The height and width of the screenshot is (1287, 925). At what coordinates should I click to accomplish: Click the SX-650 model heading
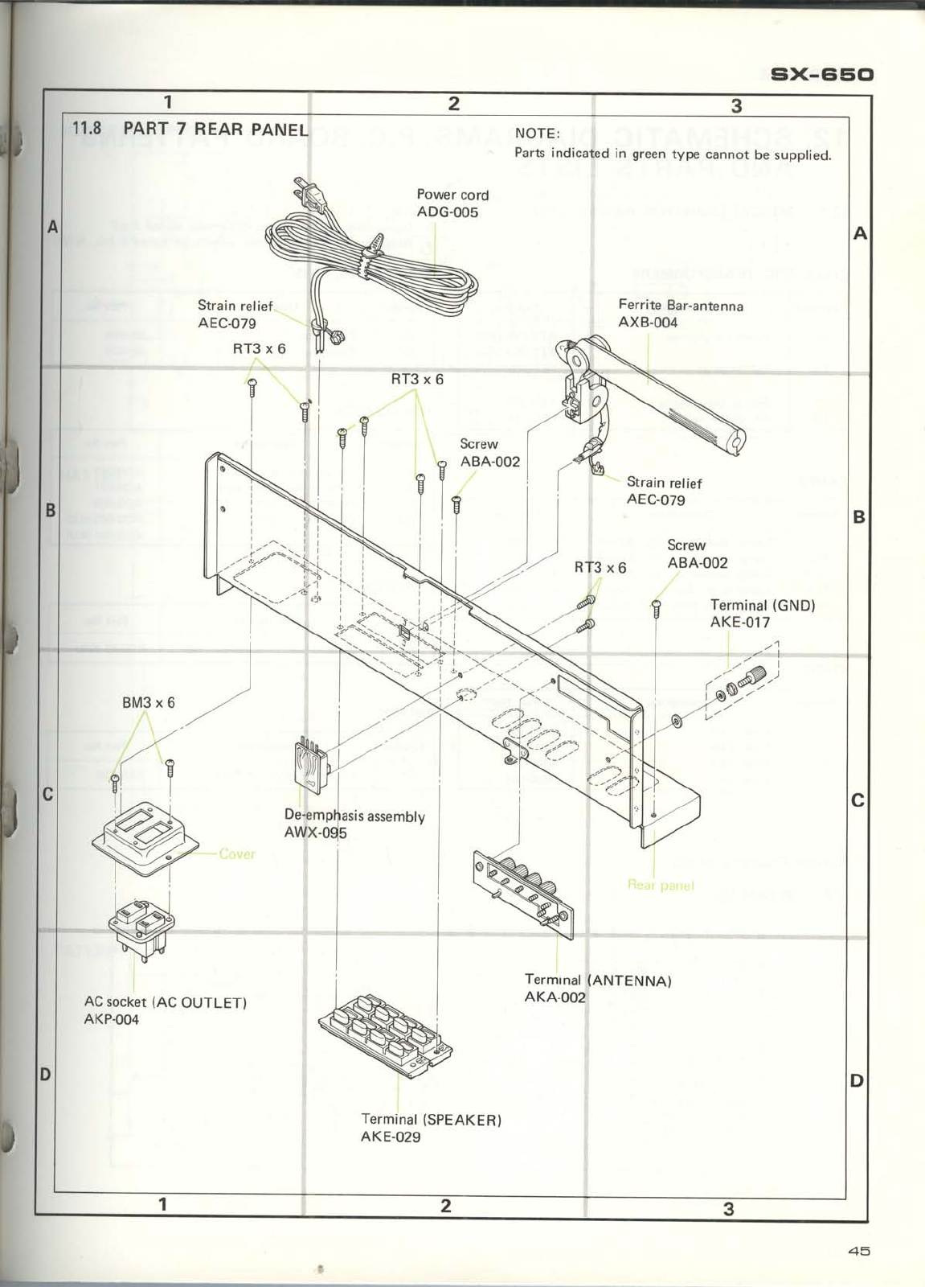tap(821, 75)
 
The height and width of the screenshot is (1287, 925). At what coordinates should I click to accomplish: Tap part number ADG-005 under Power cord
tap(447, 212)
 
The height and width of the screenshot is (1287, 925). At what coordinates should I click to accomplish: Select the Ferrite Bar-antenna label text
tap(680, 306)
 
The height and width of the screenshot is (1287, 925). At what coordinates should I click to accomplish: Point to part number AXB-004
tap(648, 323)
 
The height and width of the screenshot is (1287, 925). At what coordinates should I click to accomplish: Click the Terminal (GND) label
tap(762, 606)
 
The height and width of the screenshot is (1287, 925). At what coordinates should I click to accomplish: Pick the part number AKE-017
tap(739, 623)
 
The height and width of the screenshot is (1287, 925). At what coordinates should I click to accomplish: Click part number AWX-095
tap(315, 833)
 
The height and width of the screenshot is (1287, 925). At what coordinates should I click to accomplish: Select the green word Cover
tap(237, 854)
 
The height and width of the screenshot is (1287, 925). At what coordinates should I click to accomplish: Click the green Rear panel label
tap(660, 886)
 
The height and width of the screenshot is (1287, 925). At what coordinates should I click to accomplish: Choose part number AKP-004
tap(111, 1020)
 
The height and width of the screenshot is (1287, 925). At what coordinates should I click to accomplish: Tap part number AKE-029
tap(391, 1137)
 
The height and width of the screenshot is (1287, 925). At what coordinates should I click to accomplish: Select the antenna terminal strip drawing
tap(523, 890)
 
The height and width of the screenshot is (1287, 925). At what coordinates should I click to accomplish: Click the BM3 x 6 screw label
tap(148, 703)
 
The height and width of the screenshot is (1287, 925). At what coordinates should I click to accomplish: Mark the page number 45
tap(858, 1252)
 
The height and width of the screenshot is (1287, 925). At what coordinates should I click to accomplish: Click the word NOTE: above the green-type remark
tap(537, 134)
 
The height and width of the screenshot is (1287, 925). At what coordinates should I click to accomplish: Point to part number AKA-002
tap(555, 998)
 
